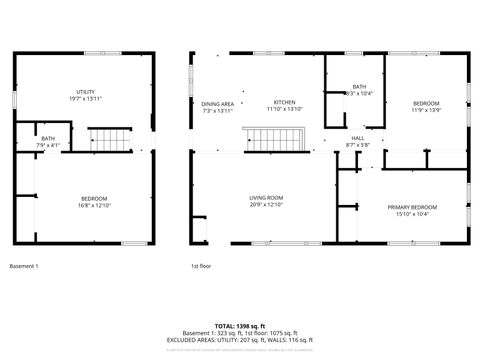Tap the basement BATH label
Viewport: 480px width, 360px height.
click(x=48, y=139)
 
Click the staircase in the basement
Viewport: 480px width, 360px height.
click(x=107, y=140)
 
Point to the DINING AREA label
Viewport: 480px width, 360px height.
click(x=218, y=104)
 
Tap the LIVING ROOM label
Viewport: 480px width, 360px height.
click(x=266, y=198)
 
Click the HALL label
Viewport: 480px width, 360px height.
click(x=357, y=139)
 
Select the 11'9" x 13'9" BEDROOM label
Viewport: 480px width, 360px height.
click(x=427, y=103)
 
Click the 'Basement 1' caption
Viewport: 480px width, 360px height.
click(x=24, y=266)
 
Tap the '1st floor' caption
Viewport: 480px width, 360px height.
click(x=201, y=266)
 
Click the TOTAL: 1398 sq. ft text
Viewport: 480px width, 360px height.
click(x=240, y=326)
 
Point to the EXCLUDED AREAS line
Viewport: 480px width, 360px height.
click(x=240, y=339)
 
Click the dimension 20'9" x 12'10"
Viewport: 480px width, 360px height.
click(x=266, y=204)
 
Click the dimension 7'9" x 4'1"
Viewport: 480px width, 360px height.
click(x=48, y=146)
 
